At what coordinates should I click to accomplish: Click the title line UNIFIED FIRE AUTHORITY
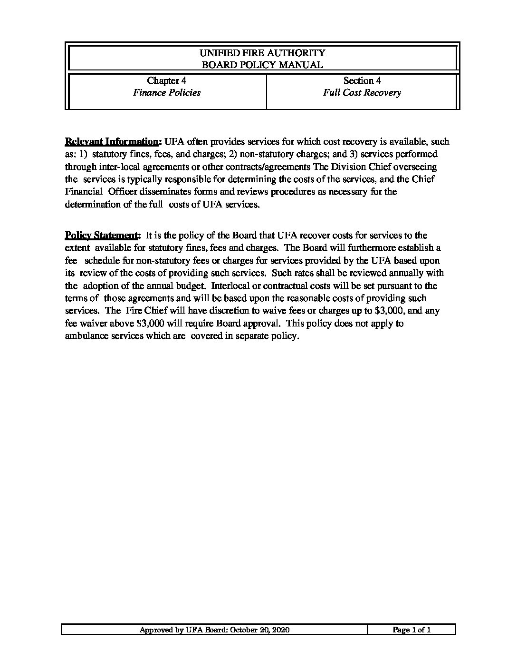(262, 53)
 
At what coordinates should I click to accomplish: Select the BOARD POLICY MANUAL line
(262, 65)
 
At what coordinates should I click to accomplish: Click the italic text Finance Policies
(166, 93)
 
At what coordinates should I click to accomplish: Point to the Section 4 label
(362, 80)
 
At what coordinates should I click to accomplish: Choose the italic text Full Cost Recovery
(362, 93)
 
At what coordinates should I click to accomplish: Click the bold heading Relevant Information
(112, 142)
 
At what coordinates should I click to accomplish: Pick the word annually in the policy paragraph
(408, 273)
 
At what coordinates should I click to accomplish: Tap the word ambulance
(87, 336)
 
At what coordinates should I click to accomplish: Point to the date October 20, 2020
(259, 630)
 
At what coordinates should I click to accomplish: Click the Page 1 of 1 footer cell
(412, 630)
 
